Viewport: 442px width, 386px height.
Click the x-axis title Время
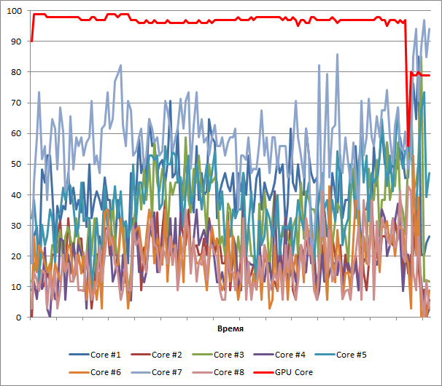click(x=230, y=329)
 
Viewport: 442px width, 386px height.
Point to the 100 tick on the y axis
click(x=14, y=12)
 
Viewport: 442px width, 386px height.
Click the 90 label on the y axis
click(x=16, y=42)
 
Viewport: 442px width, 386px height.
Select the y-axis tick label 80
click(x=16, y=73)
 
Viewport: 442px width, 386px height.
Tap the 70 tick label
click(x=16, y=103)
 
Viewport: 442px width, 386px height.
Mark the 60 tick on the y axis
click(x=16, y=134)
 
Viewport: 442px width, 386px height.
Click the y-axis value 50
click(x=16, y=165)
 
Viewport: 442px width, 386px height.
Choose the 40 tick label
click(x=16, y=195)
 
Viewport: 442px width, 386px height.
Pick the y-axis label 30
click(x=16, y=226)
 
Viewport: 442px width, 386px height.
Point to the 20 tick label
click(x=16, y=256)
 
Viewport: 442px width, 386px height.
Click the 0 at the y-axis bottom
click(x=18, y=318)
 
